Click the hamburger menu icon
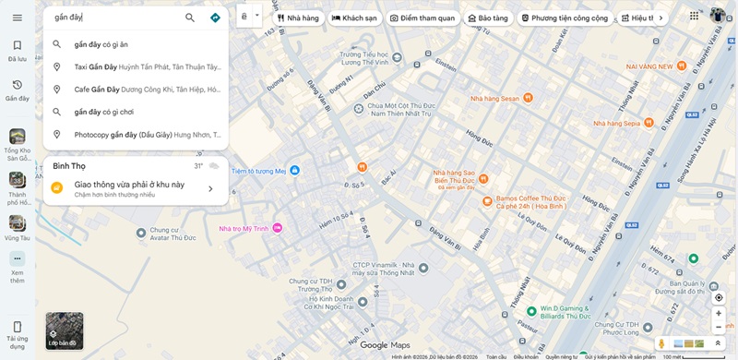pyautogui.click(x=18, y=18)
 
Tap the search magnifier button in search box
pyautogui.click(x=190, y=18)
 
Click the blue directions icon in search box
pyautogui.click(x=215, y=18)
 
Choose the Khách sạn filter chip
pyautogui.click(x=354, y=18)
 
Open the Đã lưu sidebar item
pyautogui.click(x=18, y=50)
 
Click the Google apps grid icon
pyautogui.click(x=694, y=16)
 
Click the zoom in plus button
pyautogui.click(x=719, y=313)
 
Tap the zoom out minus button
pyautogui.click(x=719, y=328)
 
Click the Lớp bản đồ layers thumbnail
pyautogui.click(x=65, y=330)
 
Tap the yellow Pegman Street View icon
pyautogui.click(x=661, y=343)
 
